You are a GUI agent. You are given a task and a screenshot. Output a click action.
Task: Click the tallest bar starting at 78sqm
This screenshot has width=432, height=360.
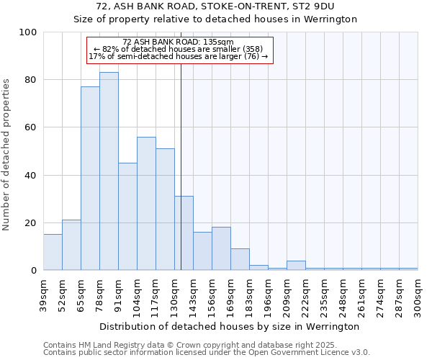[109, 171]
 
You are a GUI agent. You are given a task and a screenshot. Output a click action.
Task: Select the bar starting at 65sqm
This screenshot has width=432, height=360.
[90, 179]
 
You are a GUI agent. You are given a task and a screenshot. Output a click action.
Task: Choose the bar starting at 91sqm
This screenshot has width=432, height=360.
[127, 217]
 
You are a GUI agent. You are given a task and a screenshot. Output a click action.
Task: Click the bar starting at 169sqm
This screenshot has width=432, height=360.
[240, 259]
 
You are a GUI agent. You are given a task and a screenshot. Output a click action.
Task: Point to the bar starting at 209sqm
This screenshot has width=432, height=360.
[296, 266]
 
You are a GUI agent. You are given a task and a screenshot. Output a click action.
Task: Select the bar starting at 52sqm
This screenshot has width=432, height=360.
[71, 245]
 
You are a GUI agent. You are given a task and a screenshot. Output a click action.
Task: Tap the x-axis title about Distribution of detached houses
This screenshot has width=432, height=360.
[230, 326]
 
